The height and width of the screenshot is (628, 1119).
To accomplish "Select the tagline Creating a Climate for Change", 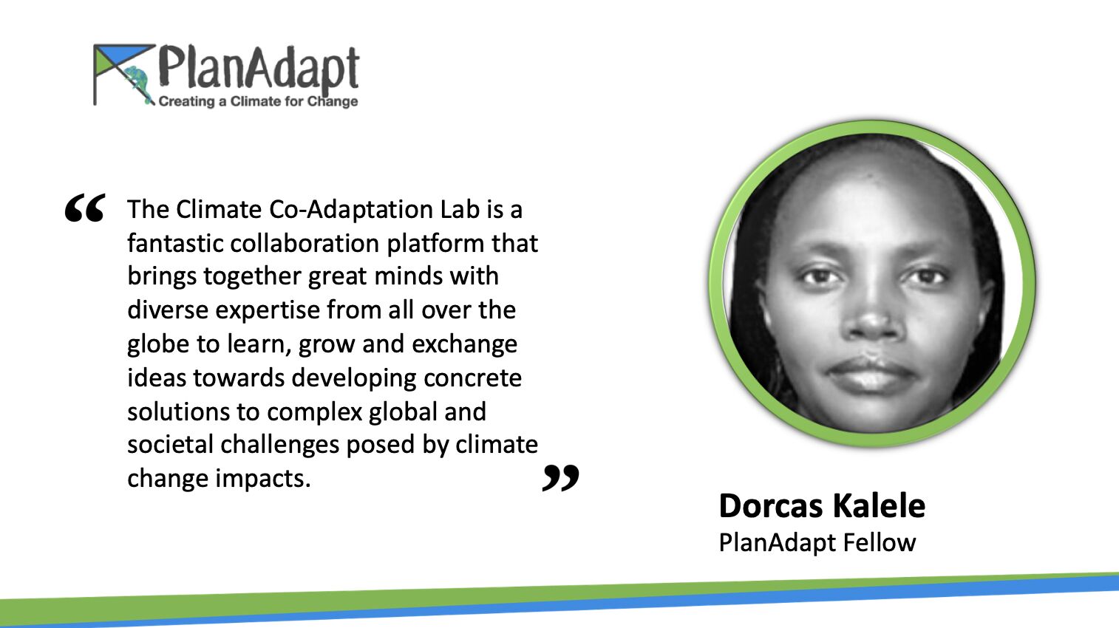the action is coord(258,101).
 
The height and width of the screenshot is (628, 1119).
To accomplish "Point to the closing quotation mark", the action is coord(560,478).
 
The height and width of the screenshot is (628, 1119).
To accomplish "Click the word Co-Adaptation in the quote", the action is coord(351,209).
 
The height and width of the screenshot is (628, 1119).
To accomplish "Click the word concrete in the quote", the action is coord(472,378).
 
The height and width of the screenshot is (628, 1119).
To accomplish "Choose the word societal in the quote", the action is coord(170,444).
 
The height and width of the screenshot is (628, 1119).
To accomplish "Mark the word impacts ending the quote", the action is coord(263,479).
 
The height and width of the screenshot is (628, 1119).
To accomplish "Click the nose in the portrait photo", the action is coord(871,315).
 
